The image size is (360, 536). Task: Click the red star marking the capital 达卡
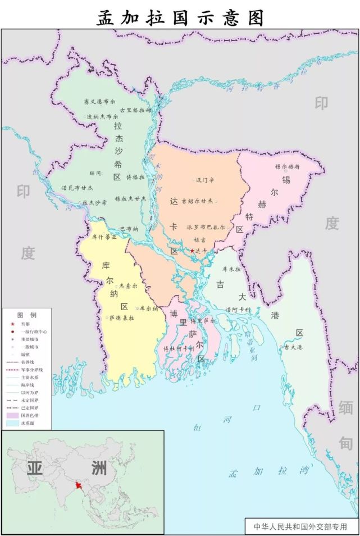(x=192, y=251)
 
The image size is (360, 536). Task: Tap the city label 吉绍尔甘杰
(x=197, y=201)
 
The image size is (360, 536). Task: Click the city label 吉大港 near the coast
(x=293, y=347)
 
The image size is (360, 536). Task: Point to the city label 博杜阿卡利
(x=179, y=348)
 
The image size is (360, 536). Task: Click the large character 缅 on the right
(x=345, y=407)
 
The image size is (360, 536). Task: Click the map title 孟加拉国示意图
(x=180, y=17)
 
